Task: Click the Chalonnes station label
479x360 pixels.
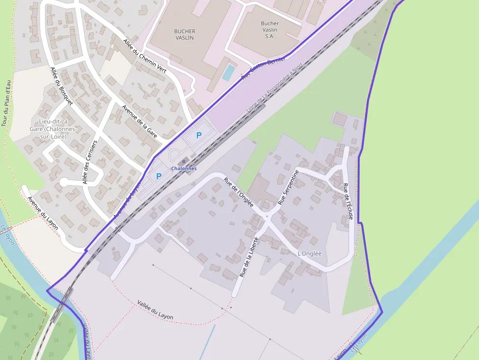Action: [184, 169]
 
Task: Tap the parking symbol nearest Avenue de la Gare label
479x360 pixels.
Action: [198, 135]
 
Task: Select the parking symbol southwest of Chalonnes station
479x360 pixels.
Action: [158, 176]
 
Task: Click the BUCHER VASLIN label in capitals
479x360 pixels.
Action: [184, 34]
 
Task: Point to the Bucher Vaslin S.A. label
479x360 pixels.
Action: [270, 29]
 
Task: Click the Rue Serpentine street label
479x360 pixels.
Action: [288, 188]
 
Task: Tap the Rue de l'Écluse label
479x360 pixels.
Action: [347, 201]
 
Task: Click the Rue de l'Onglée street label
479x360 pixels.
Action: [239, 191]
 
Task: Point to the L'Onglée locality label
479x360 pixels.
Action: [309, 254]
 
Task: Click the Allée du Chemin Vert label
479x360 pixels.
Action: [145, 59]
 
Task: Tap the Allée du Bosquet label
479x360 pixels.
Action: [61, 86]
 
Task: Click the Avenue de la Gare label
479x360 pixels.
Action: [140, 121]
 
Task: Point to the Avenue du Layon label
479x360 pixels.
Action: [43, 213]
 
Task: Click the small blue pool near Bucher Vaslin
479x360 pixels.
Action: [228, 72]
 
